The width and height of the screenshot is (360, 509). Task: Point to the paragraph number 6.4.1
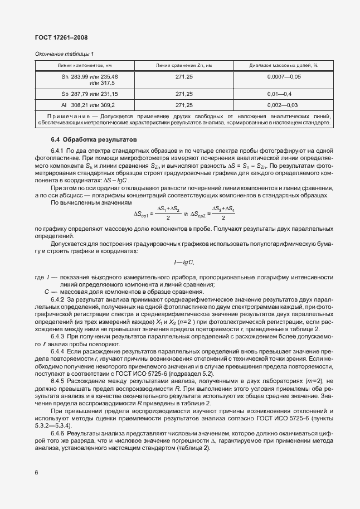58,151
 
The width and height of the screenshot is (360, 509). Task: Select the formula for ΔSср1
157,213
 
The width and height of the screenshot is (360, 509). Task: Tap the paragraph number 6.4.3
58,336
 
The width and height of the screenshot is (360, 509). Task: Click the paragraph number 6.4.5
58,381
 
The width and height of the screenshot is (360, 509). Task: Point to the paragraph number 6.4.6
58,432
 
